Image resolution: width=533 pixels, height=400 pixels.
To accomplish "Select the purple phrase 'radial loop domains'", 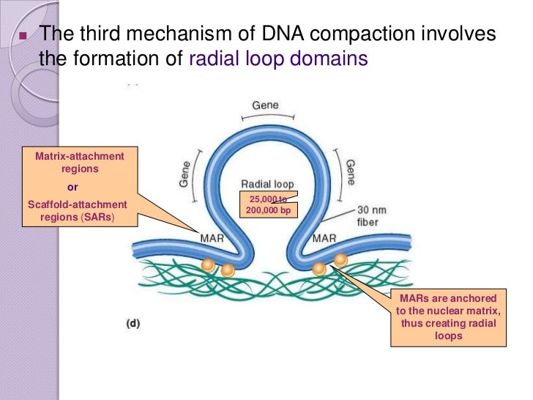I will pos(277,59).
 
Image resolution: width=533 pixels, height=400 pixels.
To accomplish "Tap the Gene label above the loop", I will pos(265,105).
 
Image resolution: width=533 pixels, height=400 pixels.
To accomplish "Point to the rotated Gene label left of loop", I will pos(184,174).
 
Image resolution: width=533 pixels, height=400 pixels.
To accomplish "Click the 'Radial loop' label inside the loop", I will pos(266,183).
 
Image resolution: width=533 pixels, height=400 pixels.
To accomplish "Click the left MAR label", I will pos(212,238).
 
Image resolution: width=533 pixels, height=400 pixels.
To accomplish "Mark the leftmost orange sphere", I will pos(209,265).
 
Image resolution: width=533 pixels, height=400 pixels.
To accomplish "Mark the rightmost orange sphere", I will pos(340,259).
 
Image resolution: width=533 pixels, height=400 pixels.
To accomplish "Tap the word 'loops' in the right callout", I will pos(449,336).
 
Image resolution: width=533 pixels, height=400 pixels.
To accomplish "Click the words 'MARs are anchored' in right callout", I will pos(449,298).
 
